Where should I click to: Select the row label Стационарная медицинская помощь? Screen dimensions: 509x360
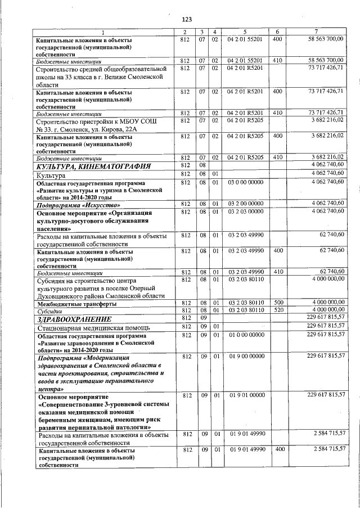click(92, 327)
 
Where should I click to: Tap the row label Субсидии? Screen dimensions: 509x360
click(50, 310)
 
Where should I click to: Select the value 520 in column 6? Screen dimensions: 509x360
click(278, 310)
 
